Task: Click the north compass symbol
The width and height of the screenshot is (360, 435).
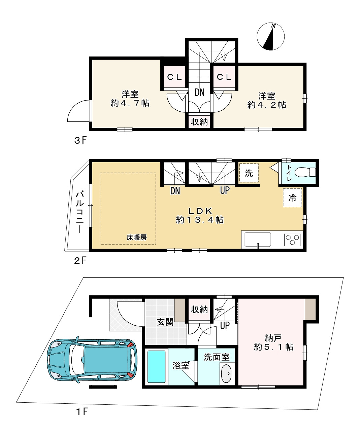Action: [x=270, y=37]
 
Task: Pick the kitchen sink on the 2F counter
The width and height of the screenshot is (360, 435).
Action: [x=258, y=240]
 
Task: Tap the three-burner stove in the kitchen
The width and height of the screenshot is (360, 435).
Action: [x=292, y=239]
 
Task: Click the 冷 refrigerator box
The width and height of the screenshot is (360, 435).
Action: [x=292, y=197]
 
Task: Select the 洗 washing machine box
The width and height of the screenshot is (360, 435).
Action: [x=249, y=173]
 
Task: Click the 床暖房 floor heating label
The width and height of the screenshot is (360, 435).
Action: [x=137, y=237]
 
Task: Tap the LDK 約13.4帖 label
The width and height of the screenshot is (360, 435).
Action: [x=200, y=216]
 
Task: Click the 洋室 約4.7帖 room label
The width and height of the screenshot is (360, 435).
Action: [x=130, y=99]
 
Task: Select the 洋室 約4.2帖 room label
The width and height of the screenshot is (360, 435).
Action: [x=267, y=100]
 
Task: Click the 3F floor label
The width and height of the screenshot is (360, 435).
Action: [x=80, y=140]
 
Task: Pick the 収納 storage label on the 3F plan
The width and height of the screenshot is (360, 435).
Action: [x=199, y=122]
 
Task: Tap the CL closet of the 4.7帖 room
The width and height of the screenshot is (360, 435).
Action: [x=174, y=77]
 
